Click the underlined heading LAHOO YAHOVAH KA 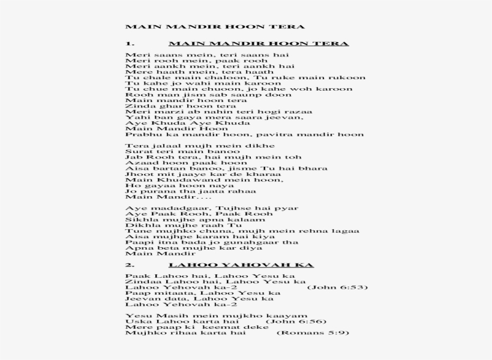[x=241, y=265]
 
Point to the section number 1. [x=129, y=44]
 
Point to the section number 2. [x=130, y=265]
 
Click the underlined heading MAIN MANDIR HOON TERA [x=259, y=44]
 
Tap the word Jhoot [x=138, y=173]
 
